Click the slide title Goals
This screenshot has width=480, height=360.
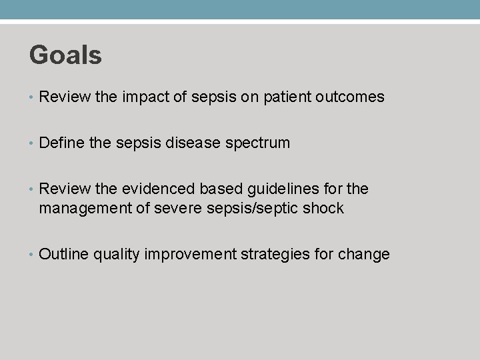click(x=65, y=55)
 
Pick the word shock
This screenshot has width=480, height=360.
click(x=322, y=209)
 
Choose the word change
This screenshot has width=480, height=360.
click(x=364, y=255)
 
